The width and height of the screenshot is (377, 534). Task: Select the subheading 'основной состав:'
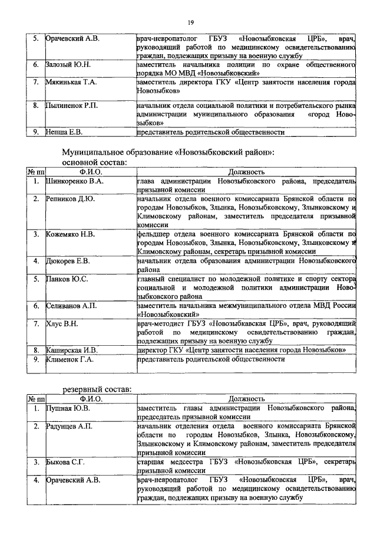93,162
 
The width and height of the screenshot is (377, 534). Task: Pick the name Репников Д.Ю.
71,199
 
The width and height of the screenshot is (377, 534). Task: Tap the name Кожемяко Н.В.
71,234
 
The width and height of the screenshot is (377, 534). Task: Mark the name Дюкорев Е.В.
68,260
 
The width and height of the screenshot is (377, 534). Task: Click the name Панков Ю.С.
67,279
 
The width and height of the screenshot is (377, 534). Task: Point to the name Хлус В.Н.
63,323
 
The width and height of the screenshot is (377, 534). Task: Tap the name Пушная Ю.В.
68,408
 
